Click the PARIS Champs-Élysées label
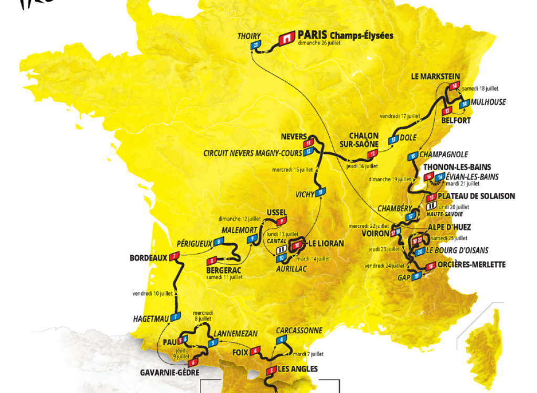[345, 35]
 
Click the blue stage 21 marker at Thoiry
[255, 46]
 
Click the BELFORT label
[456, 121]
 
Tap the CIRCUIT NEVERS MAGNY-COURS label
[253, 153]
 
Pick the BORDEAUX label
[148, 258]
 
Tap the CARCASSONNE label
[299, 330]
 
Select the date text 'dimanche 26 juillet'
[319, 43]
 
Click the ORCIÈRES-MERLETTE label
[472, 265]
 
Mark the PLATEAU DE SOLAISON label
[477, 196]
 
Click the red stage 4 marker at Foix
[255, 351]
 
